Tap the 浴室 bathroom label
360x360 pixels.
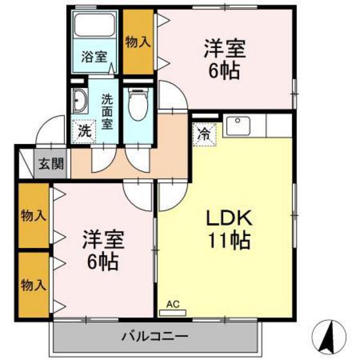[x=94, y=57]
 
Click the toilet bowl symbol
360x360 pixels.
[x=137, y=103]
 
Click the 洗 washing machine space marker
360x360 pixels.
[x=84, y=130]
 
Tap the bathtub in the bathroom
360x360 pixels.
[x=94, y=26]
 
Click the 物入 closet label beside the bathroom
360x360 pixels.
[x=138, y=42]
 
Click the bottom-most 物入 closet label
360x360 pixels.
[x=33, y=283]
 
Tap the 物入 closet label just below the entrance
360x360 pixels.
[x=33, y=215]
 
